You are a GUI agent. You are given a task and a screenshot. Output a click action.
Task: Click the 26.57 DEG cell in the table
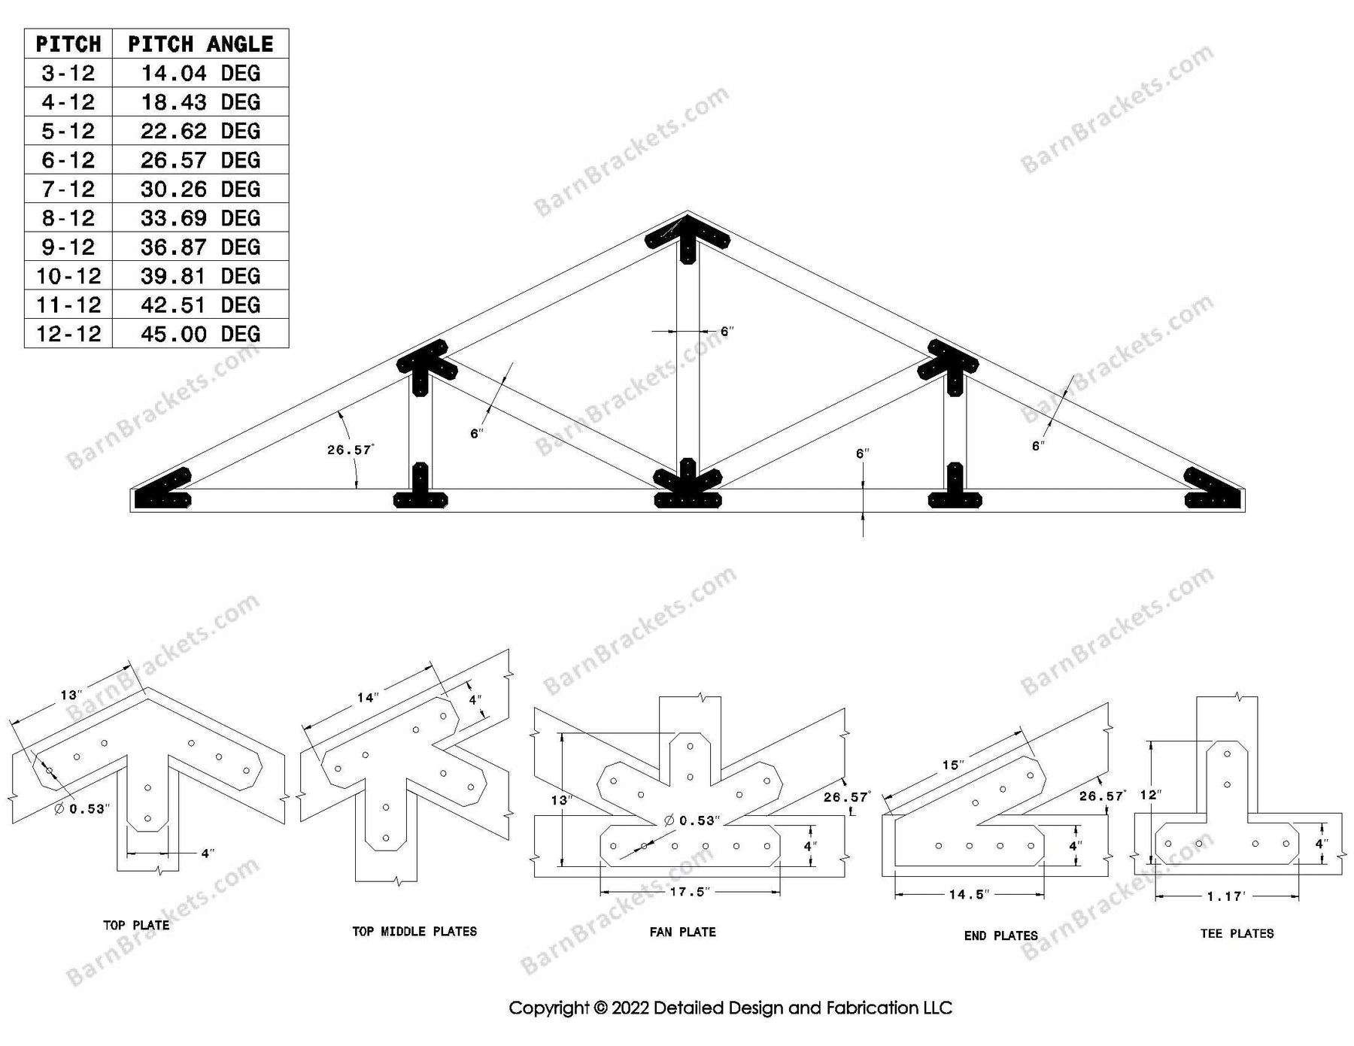200,160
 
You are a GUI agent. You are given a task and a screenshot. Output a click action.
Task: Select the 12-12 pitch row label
68,334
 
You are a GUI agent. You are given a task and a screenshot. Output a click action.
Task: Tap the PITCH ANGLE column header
200,44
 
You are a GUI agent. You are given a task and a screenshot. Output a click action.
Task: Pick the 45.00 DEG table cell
200,334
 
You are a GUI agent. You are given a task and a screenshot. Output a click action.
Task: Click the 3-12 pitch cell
68,73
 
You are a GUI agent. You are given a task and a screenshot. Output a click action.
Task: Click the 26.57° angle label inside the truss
351,450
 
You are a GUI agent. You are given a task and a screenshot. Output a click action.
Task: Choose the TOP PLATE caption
136,925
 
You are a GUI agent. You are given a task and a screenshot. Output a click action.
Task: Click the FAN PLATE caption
682,932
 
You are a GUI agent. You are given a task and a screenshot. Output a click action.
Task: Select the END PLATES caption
1000,935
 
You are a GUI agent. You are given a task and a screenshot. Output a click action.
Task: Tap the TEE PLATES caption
1237,933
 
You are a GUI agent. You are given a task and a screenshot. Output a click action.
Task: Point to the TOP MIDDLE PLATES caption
414,931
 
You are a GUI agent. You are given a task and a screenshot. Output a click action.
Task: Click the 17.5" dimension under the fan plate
690,892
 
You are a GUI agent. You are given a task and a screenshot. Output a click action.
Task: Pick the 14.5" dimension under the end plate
969,894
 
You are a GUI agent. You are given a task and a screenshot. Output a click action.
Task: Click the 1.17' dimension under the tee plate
1227,896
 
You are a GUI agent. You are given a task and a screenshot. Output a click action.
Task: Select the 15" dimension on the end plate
952,765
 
